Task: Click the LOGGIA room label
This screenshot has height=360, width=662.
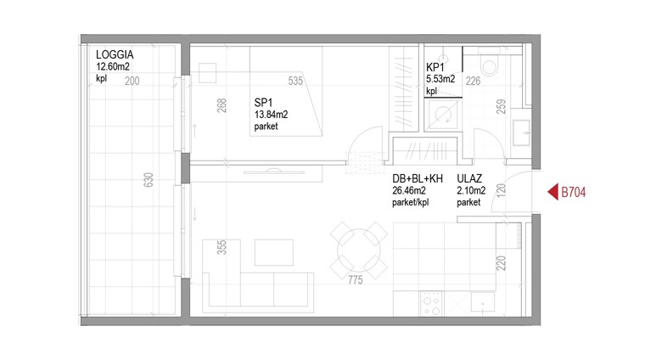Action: tap(115, 54)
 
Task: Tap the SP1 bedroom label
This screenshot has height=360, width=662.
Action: tap(263, 102)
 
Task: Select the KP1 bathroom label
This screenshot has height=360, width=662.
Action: tap(435, 68)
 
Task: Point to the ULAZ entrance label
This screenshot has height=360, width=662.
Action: tap(469, 179)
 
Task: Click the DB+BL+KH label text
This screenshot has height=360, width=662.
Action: tap(418, 179)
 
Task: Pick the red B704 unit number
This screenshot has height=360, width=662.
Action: tap(574, 193)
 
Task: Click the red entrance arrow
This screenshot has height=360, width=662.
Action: tap(553, 192)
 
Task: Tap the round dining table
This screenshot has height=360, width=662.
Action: tap(359, 250)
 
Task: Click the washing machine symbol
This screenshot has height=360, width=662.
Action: tap(443, 114)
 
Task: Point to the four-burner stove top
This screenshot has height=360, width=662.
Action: tap(431, 304)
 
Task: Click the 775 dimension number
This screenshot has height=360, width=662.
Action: tap(356, 280)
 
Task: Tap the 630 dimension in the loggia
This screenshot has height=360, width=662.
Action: tap(149, 180)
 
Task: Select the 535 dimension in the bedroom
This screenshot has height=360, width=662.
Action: tap(295, 81)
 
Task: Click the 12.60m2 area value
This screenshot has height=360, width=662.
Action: tap(113, 67)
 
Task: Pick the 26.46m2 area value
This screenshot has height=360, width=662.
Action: tap(409, 191)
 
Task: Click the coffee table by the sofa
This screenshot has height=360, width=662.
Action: tap(274, 253)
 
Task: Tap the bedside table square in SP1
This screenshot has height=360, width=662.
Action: tap(207, 73)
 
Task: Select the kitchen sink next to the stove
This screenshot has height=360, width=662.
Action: tap(483, 301)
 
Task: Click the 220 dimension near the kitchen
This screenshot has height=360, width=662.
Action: tap(501, 263)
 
